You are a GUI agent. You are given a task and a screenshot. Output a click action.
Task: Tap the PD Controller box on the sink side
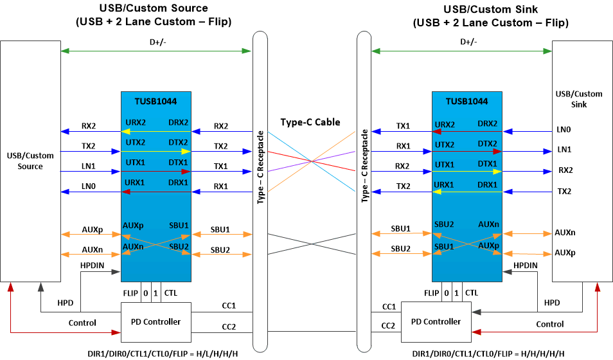click(435, 321)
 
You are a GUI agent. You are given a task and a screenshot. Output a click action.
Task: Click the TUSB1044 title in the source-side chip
click(155, 101)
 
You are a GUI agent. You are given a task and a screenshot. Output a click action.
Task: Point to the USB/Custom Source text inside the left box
click(30, 161)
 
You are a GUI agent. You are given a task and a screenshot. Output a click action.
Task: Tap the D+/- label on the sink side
click(468, 42)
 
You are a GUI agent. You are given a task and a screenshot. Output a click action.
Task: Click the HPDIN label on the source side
click(92, 265)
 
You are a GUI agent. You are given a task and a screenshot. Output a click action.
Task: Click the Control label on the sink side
click(549, 324)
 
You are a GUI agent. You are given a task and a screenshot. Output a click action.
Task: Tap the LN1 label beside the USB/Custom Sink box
click(564, 150)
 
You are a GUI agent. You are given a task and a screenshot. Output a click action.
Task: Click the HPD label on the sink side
click(552, 301)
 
